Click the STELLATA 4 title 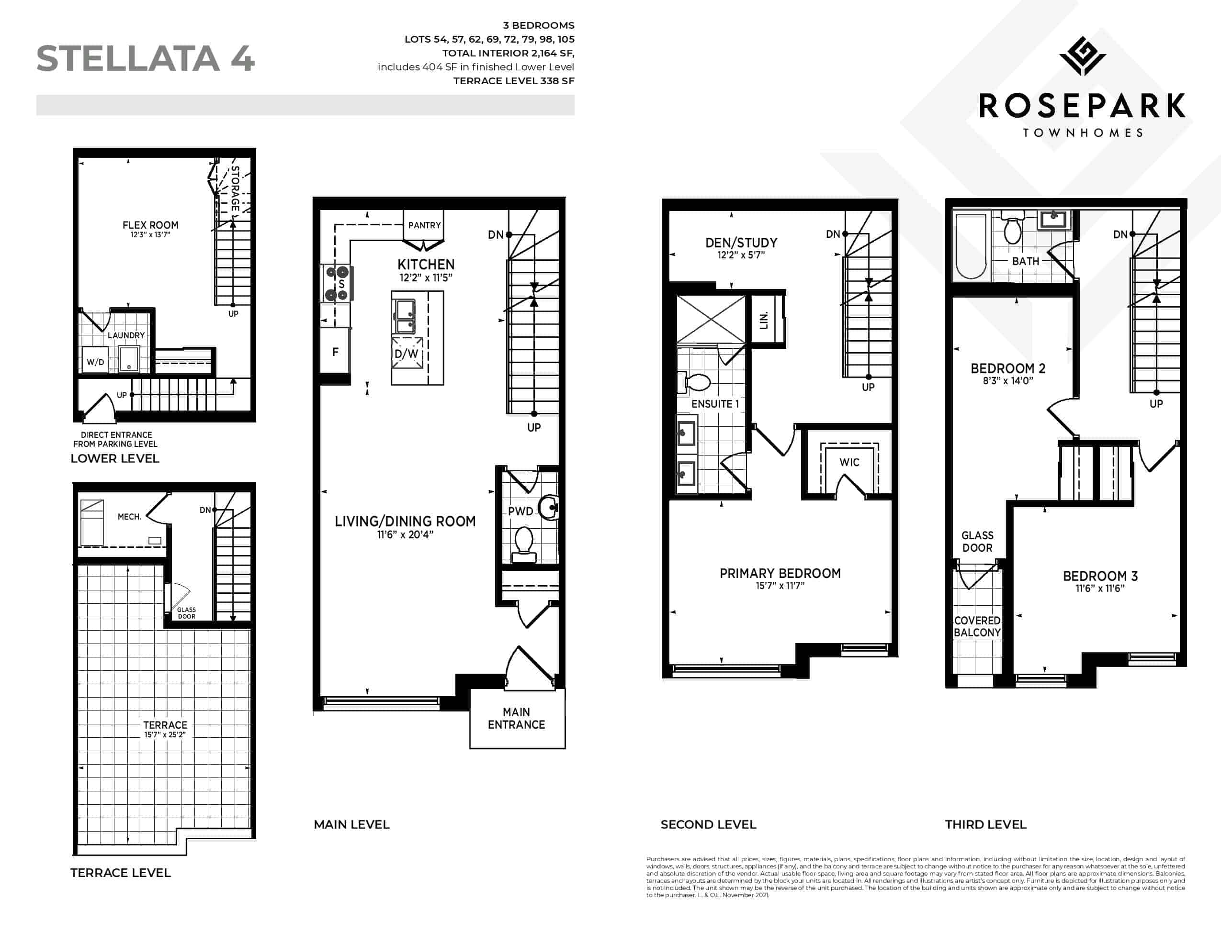tap(146, 58)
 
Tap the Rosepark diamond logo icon tap(1082, 56)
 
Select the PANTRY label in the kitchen tap(424, 225)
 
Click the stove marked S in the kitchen tap(337, 283)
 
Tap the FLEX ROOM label tap(151, 225)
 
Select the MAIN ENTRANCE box tap(517, 718)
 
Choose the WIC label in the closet tap(849, 462)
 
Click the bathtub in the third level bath tap(972, 246)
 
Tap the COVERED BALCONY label tap(977, 626)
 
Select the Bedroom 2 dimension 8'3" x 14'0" tap(1007, 380)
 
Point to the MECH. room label tap(129, 516)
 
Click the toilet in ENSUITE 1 tap(695, 383)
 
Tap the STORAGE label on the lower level tap(236, 188)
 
